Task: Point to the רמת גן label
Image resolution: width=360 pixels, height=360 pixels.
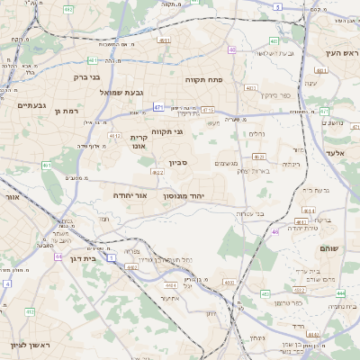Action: (67, 111)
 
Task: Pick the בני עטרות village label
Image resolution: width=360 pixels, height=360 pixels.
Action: (247, 213)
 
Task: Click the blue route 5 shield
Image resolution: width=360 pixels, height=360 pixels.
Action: (278, 7)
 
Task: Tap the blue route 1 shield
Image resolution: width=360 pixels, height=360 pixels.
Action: (112, 258)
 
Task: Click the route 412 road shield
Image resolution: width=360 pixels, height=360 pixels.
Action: (30, 311)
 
